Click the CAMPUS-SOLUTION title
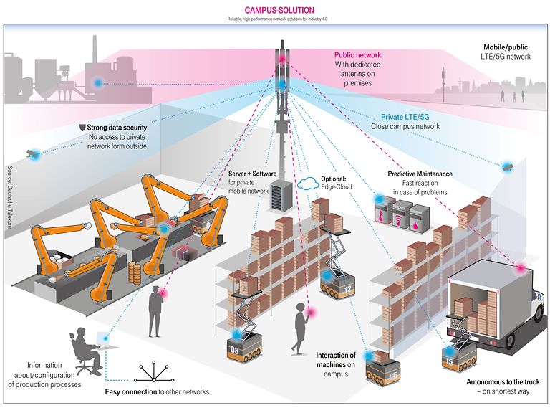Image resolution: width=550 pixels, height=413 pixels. [275, 10]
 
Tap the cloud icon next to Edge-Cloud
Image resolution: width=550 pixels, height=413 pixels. [307, 183]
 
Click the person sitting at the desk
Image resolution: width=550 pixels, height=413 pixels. [85, 349]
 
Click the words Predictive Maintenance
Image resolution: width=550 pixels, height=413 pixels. [420, 174]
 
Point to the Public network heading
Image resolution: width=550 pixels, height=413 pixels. [357, 54]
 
